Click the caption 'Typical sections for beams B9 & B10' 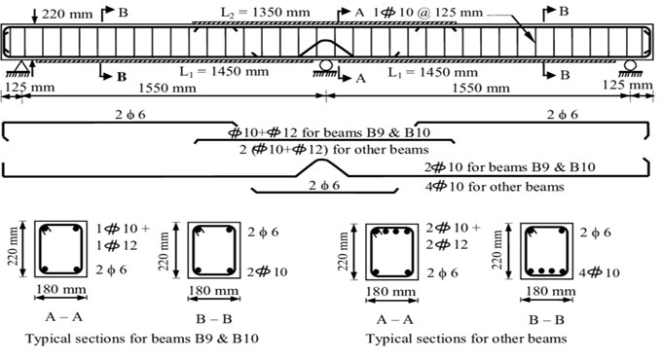click(x=136, y=338)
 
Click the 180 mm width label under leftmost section click(x=58, y=291)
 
